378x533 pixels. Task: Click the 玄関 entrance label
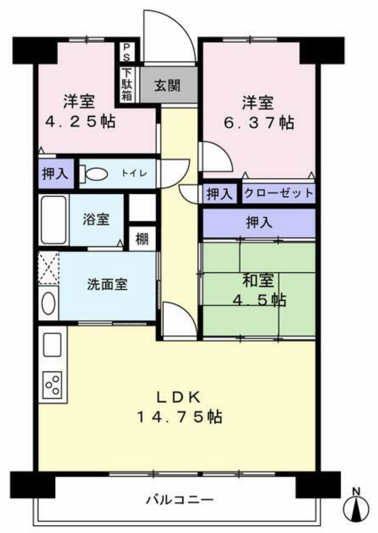[x=167, y=85]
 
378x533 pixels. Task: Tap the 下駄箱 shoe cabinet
[x=127, y=84]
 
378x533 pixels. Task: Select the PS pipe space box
[x=127, y=53]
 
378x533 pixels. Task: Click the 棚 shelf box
[x=142, y=239]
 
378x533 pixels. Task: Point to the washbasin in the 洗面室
[x=48, y=303]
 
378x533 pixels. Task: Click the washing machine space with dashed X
[x=48, y=268]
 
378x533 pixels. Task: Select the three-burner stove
[x=52, y=384]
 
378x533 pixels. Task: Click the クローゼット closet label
[x=278, y=194]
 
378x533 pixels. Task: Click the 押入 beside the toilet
[x=55, y=174]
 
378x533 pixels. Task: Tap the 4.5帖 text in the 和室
[x=259, y=300]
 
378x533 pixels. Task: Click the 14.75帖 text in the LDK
[x=179, y=417]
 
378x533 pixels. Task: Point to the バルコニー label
[x=180, y=499]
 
